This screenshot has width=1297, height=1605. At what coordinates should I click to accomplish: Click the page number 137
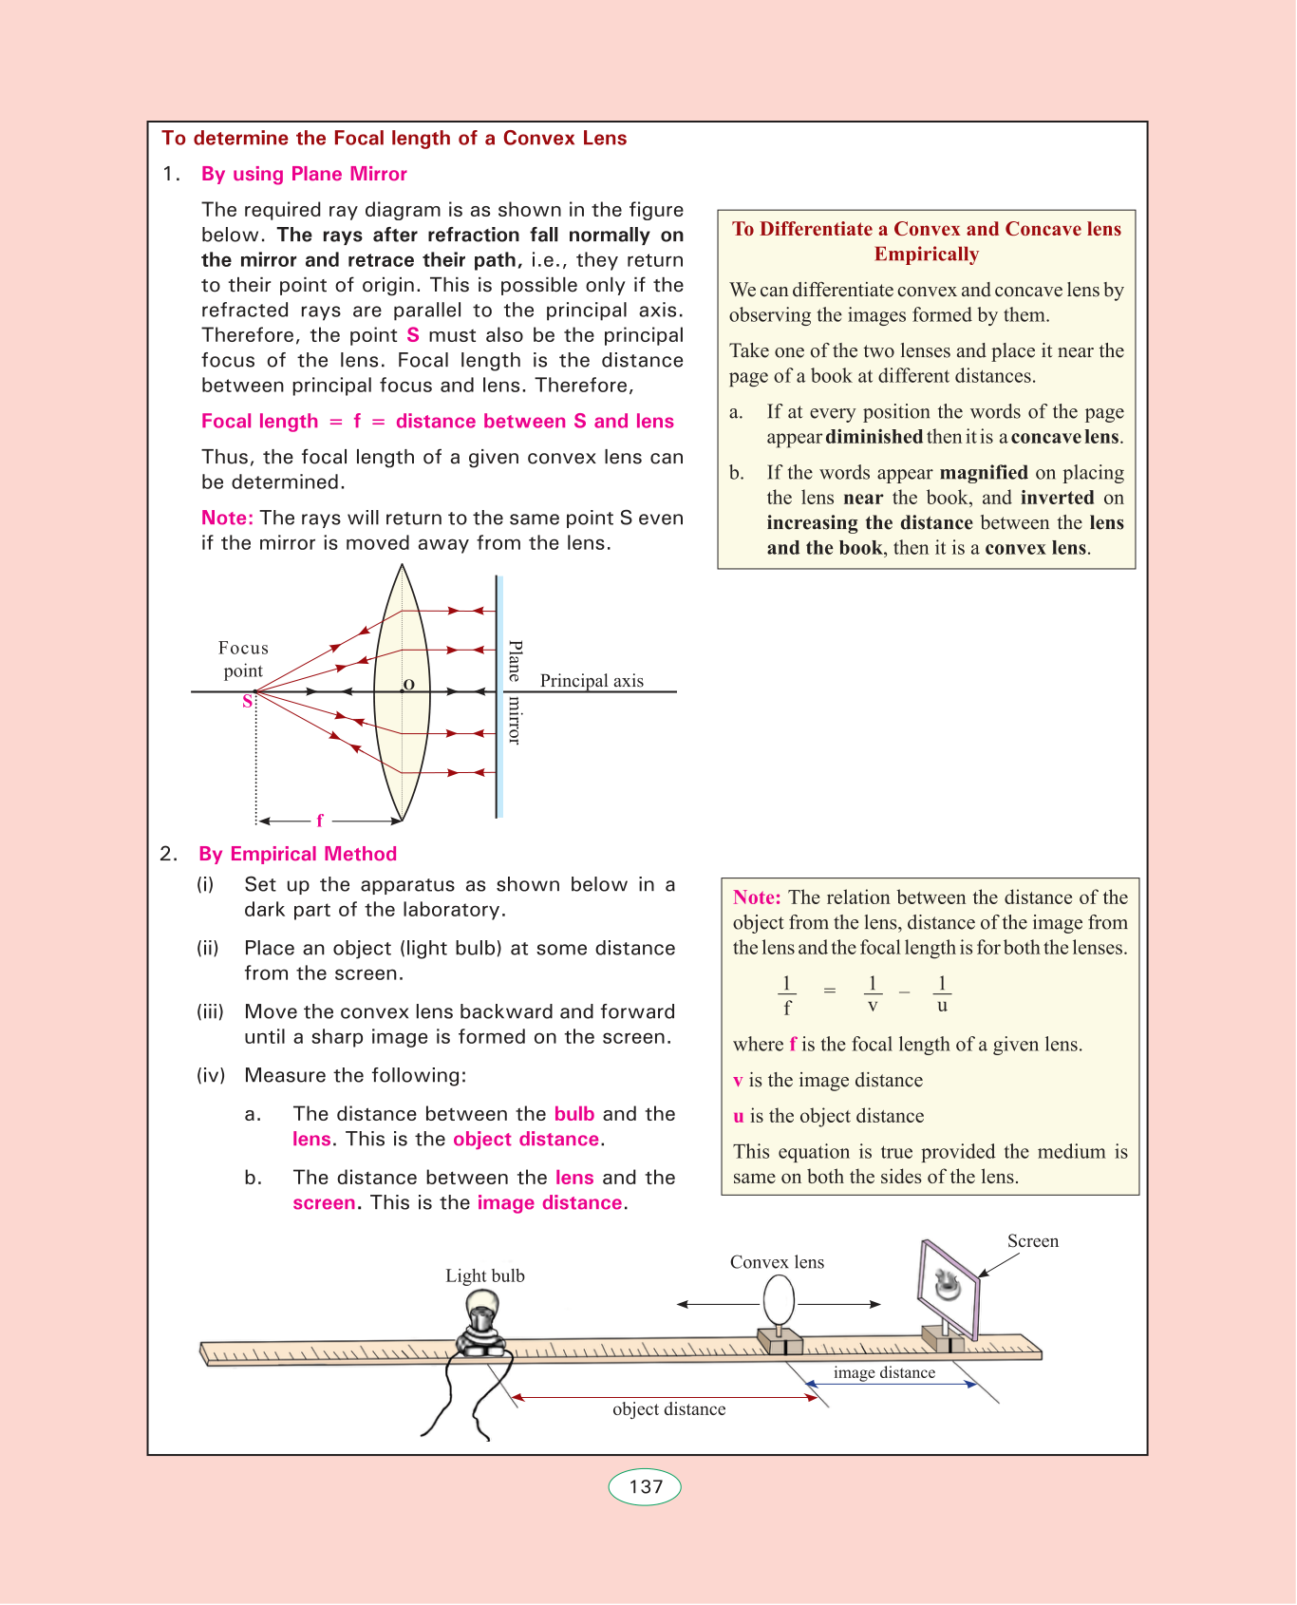click(x=645, y=1486)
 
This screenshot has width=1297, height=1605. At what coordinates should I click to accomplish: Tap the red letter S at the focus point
click(x=248, y=702)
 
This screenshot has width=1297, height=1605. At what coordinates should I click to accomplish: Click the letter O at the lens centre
click(x=408, y=684)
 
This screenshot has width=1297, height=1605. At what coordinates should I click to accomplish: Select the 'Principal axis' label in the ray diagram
click(x=592, y=680)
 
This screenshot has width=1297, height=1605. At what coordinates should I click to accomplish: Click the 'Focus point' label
click(x=243, y=659)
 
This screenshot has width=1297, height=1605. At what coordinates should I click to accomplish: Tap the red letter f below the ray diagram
click(x=320, y=821)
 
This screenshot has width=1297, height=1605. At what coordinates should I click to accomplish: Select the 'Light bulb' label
click(x=485, y=1275)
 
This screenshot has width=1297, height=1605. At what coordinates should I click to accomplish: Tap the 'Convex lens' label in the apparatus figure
click(x=777, y=1262)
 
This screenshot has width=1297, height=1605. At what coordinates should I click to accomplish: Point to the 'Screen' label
click(x=1033, y=1241)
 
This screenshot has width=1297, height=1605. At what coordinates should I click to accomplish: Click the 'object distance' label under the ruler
click(x=668, y=1409)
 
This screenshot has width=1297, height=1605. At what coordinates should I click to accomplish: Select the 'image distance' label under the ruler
click(x=884, y=1372)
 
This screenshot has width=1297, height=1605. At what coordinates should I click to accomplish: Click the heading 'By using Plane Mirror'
click(x=304, y=174)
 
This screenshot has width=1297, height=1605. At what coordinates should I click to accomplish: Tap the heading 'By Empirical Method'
click(x=297, y=854)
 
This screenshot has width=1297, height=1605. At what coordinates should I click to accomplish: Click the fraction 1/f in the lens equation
click(x=786, y=994)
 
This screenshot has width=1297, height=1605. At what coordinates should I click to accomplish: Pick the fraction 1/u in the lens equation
click(x=942, y=994)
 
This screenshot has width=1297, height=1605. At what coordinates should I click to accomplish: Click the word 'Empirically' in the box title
click(x=927, y=255)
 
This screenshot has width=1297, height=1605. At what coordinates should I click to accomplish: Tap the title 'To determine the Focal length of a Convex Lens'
click(x=394, y=138)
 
